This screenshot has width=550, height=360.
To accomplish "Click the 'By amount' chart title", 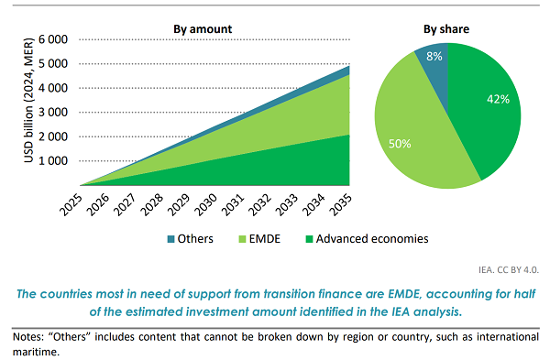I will click(x=203, y=28).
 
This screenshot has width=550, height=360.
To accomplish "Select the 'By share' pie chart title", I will click(x=445, y=28).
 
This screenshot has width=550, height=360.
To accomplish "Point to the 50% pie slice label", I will click(x=400, y=144).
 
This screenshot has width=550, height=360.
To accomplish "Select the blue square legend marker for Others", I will click(x=170, y=240).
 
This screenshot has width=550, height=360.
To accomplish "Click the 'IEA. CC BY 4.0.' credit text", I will click(x=503, y=271).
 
